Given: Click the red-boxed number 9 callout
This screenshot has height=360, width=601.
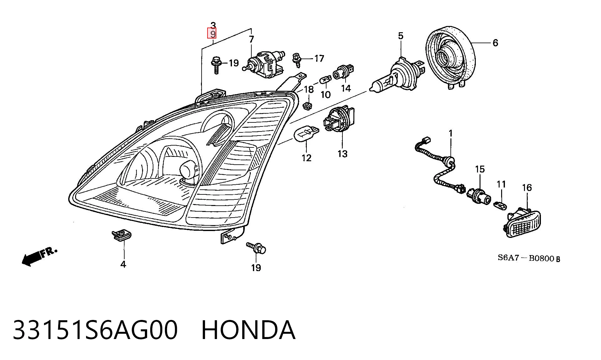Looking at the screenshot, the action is click(x=213, y=33).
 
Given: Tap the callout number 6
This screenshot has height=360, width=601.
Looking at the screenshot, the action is click(x=495, y=43).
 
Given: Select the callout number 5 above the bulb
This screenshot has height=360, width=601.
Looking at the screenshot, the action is click(x=401, y=36).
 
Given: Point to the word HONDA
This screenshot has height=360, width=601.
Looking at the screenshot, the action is click(x=248, y=330).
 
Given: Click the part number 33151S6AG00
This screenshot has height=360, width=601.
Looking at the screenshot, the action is click(x=95, y=330).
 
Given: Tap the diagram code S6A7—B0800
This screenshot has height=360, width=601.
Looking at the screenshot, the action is click(x=529, y=258).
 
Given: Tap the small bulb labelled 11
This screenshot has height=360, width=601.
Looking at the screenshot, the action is click(x=500, y=205).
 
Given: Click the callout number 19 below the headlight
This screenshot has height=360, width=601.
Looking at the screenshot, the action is click(x=256, y=268).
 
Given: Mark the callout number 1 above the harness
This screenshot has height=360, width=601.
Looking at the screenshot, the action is click(x=451, y=134).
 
